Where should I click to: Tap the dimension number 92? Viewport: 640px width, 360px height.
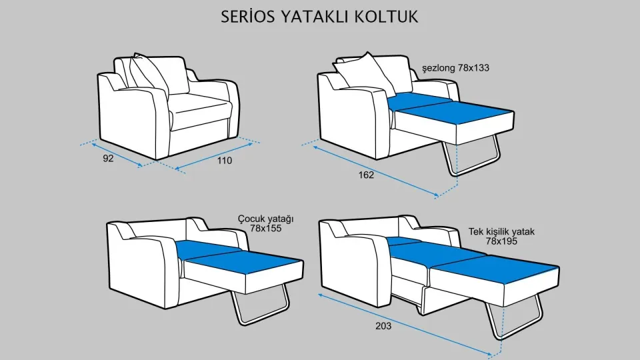tap(108, 159)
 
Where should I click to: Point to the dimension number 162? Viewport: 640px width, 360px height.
tap(366, 175)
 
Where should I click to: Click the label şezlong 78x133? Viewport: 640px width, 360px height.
tap(457, 68)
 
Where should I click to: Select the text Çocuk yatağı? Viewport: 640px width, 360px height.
tap(265, 219)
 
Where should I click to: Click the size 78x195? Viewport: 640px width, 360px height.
tap(502, 241)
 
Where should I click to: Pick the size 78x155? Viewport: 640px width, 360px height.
tap(265, 229)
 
